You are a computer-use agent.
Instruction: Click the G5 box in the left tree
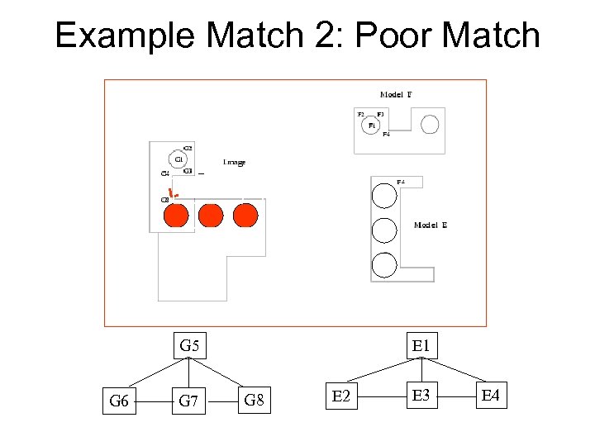point(190,345)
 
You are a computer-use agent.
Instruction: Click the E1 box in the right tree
point(421,345)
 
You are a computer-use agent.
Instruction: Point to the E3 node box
point(421,397)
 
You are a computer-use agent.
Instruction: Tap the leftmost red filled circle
point(175,216)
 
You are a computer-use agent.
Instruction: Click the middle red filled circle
point(211,216)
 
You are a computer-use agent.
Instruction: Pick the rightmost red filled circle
point(245,216)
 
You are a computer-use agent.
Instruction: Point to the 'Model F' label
point(396,95)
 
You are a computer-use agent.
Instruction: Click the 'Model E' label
point(431,225)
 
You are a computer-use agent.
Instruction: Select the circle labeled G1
point(178,159)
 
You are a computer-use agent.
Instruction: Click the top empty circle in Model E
point(384,195)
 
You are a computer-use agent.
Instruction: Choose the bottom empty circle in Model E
point(384,264)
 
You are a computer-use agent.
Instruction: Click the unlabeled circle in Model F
point(430,125)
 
